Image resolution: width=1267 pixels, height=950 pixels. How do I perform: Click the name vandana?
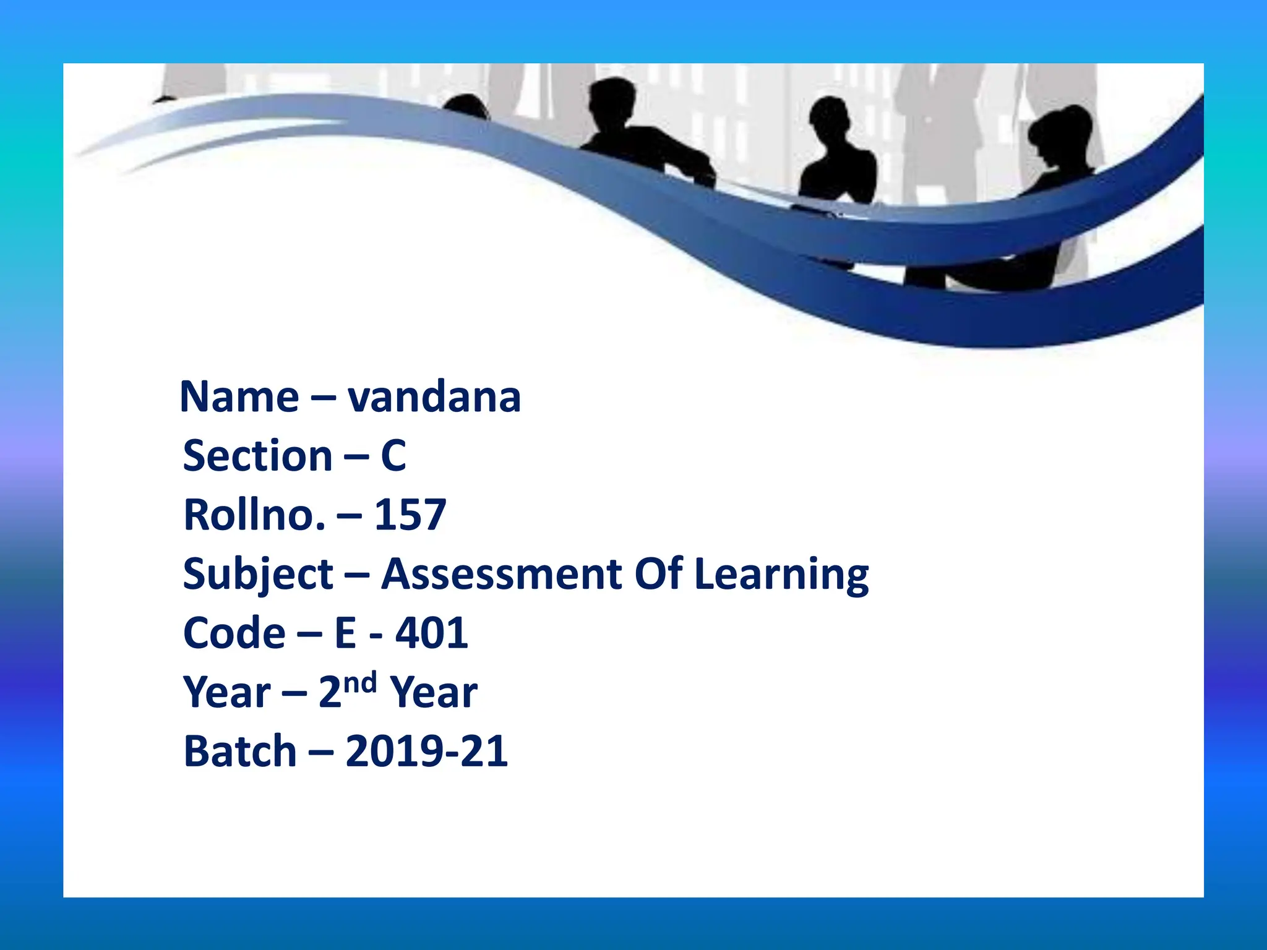point(434,397)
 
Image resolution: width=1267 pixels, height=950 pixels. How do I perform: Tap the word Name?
point(239,397)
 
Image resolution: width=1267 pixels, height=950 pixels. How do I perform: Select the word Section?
point(258,456)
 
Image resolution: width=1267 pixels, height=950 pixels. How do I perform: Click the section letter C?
point(393,456)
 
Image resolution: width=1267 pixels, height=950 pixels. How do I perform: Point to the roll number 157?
point(410,515)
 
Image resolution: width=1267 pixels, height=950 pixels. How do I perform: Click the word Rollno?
point(254,515)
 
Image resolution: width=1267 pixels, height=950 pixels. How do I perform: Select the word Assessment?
point(501,574)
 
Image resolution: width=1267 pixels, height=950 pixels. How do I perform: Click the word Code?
point(234,633)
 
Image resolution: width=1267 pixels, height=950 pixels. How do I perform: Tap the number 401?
point(432,633)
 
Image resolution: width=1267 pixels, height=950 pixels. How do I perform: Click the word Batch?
point(241,752)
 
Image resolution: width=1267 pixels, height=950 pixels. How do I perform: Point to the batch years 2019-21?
point(427,752)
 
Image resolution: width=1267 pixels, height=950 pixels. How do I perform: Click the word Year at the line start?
point(227,693)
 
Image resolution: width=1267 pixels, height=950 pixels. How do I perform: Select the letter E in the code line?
point(346,633)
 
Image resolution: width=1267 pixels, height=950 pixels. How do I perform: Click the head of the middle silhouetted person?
point(831,118)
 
